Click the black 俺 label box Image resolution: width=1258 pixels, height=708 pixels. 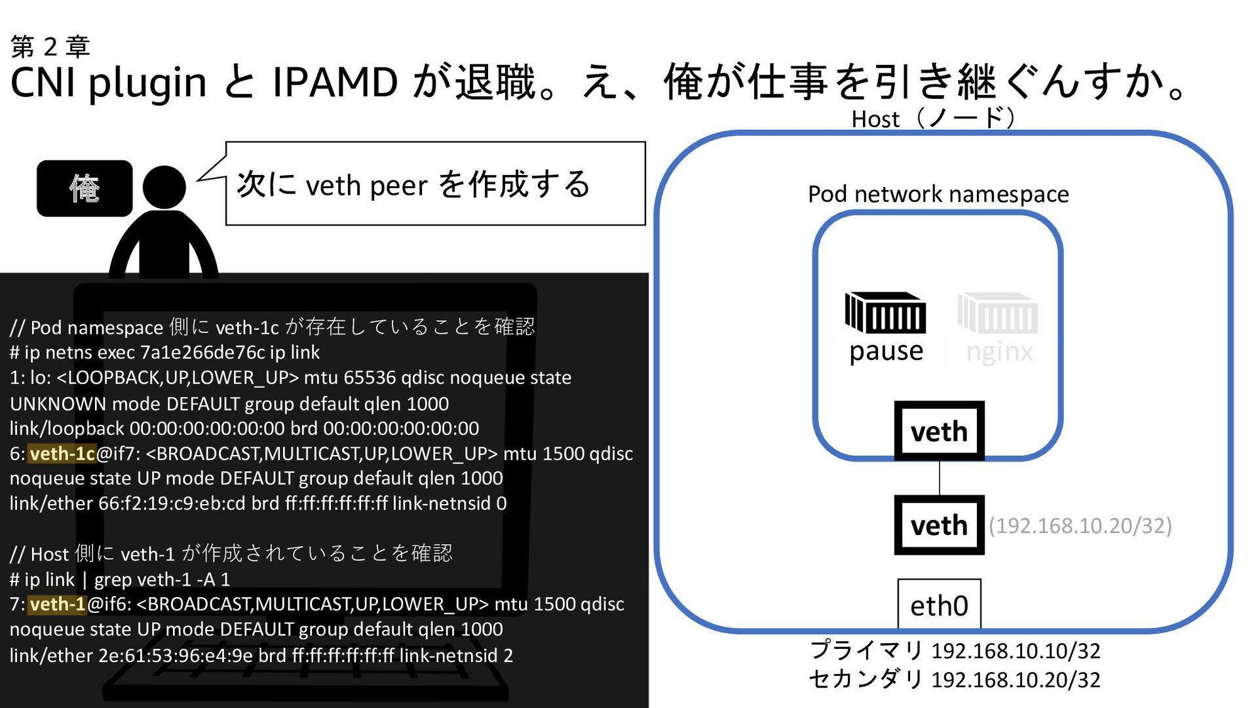(85, 188)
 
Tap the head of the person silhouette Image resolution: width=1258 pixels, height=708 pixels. (164, 187)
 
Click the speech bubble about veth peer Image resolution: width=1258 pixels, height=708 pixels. (435, 184)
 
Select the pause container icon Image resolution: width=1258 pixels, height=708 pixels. (885, 313)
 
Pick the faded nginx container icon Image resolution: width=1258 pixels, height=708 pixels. (998, 313)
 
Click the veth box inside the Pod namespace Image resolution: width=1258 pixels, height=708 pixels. (939, 431)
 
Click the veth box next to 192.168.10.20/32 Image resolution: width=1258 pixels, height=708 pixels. (939, 525)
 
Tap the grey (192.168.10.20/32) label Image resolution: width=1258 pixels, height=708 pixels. (1080, 526)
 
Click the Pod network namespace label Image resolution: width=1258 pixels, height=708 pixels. (938, 194)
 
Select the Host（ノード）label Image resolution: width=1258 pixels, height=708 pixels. (933, 119)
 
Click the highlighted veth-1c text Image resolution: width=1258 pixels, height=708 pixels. (62, 454)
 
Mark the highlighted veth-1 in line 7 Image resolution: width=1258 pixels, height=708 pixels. (58, 604)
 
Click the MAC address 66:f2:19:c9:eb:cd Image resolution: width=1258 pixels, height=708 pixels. (172, 503)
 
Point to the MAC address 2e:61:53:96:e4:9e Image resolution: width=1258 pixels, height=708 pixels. (176, 655)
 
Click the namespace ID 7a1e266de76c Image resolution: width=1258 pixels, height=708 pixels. (202, 353)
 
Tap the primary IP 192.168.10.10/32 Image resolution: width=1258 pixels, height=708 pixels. (1016, 651)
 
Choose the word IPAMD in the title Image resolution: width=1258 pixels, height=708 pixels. (335, 83)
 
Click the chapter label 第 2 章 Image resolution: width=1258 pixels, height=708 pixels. (50, 47)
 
